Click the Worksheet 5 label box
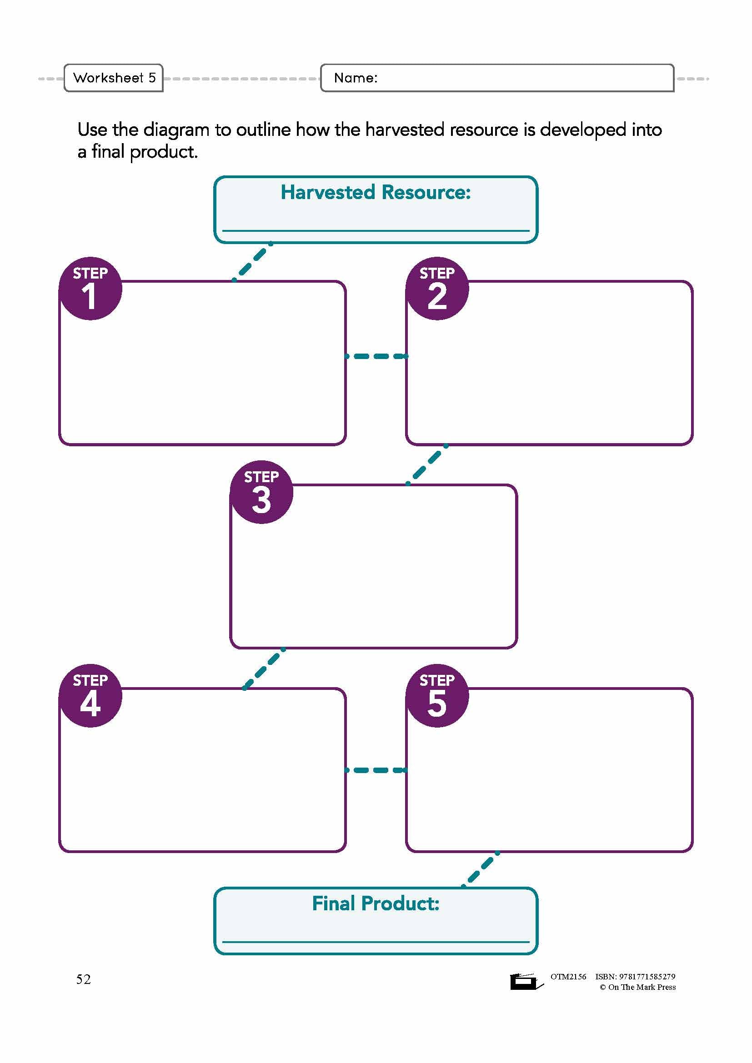point(114,78)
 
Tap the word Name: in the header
point(356,78)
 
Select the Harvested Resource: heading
point(376,192)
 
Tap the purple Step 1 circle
point(90,289)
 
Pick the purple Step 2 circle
point(437,289)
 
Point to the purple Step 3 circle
point(261,492)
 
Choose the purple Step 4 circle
point(90,696)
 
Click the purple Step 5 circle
point(437,696)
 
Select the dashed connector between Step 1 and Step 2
point(376,356)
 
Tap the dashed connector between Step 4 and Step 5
point(376,770)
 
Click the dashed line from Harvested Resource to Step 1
point(252,262)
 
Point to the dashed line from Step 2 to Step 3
point(427,464)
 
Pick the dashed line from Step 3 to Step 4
point(264,669)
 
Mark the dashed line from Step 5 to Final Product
point(481,869)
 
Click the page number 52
point(83,979)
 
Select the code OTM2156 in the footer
point(568,976)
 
